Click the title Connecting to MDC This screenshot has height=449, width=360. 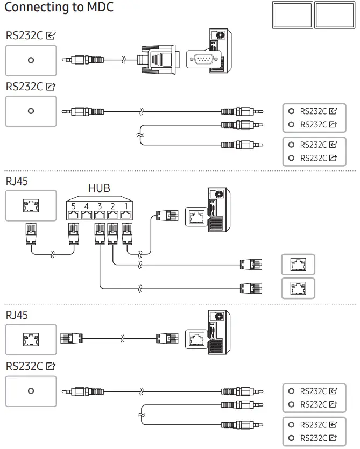[59, 8]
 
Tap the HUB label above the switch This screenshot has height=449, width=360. [99, 188]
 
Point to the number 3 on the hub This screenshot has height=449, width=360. [100, 205]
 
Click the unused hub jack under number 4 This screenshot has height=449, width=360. [87, 215]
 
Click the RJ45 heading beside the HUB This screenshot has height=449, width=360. [17, 182]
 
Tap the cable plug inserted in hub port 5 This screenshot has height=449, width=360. [74, 232]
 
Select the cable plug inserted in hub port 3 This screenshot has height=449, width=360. [100, 232]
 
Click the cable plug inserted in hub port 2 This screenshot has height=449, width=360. [112, 232]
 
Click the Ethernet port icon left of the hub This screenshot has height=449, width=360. [31, 205]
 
